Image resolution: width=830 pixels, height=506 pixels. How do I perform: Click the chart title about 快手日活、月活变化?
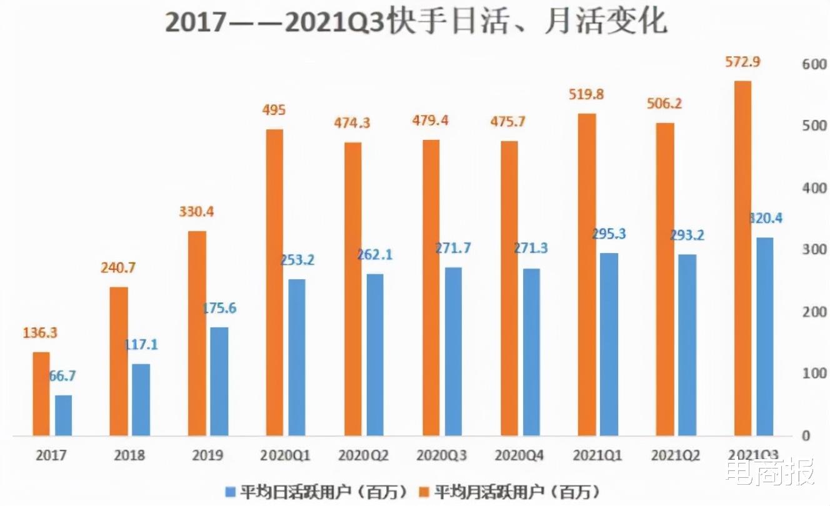point(416,22)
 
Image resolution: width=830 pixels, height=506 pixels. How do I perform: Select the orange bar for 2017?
point(41,394)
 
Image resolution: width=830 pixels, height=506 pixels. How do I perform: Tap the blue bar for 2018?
point(141,399)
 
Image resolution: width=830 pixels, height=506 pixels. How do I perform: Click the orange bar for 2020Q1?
point(274,282)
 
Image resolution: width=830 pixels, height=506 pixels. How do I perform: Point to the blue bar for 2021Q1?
point(609,344)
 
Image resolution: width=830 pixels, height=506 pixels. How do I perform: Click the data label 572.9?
point(742,62)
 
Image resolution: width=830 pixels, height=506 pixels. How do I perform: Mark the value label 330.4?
point(196,213)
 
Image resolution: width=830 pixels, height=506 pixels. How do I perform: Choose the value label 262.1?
point(374,255)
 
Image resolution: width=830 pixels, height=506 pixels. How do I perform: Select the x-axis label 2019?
point(207,455)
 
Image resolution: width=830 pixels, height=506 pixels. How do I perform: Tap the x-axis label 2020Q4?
point(520,455)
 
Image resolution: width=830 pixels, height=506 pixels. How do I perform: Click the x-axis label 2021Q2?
point(676,455)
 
